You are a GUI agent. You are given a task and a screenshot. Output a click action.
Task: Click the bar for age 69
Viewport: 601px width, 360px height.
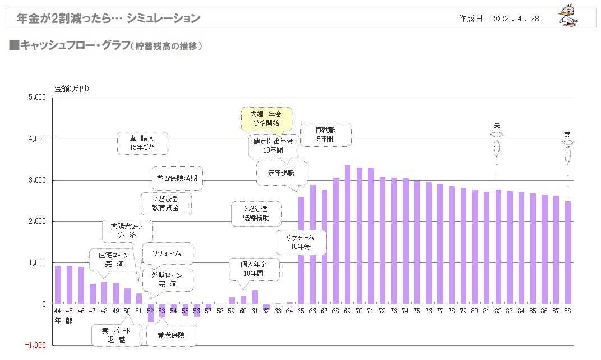tap(348, 235)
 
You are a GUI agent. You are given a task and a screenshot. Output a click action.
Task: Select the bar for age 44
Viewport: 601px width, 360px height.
tap(58, 285)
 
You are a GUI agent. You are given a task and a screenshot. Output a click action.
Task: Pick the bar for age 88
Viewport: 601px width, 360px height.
tap(567, 253)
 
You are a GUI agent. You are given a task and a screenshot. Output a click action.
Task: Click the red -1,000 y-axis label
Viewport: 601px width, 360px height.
tap(36, 345)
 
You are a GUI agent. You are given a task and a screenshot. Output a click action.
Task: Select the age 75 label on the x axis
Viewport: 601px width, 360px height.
tap(417, 311)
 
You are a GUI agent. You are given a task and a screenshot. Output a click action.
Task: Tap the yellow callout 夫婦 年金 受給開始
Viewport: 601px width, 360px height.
tap(266, 118)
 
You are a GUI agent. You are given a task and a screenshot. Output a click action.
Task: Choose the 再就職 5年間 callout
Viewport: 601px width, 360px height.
tap(326, 135)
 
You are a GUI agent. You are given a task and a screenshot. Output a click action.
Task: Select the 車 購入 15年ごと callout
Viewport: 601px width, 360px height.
tap(142, 144)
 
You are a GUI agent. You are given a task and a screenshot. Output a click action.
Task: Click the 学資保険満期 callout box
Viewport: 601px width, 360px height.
tap(178, 178)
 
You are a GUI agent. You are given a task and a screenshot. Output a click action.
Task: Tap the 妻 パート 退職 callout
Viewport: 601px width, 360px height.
tap(116, 335)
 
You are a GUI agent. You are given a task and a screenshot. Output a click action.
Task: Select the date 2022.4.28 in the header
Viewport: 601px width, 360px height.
tap(515, 19)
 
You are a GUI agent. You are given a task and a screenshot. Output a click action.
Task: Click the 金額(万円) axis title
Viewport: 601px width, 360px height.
tap(71, 89)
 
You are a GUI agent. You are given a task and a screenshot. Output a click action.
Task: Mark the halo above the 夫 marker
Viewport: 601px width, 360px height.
tap(496, 134)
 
